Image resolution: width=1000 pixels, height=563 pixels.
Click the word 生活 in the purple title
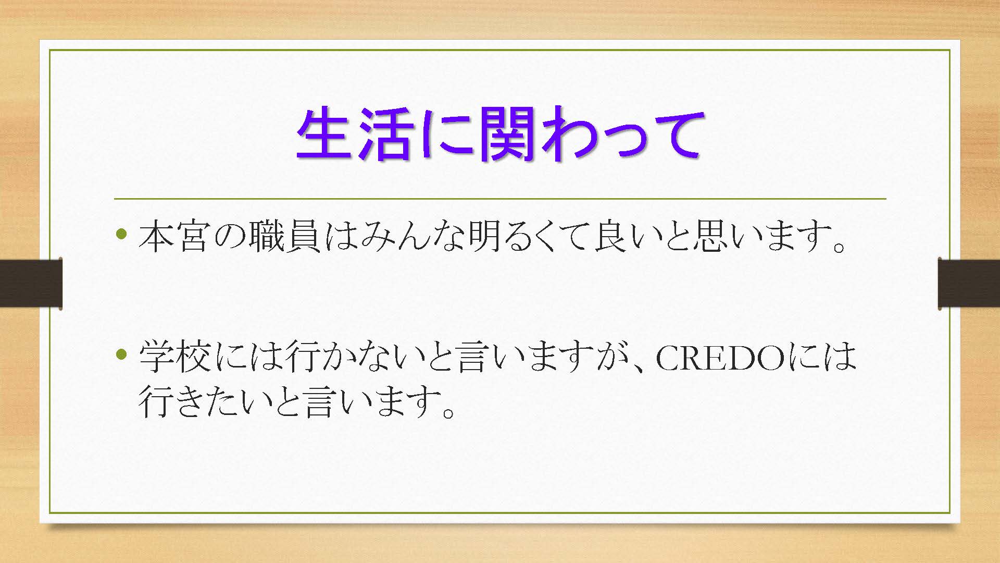tap(355, 134)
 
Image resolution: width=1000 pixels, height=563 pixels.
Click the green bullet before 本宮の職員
tap(122, 234)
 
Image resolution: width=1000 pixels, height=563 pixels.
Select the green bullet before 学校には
tap(122, 355)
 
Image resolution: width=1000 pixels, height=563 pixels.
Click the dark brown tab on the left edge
tap(31, 283)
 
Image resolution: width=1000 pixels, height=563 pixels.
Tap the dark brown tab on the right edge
tap(969, 283)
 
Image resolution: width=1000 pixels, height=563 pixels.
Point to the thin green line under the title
tap(500, 199)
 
